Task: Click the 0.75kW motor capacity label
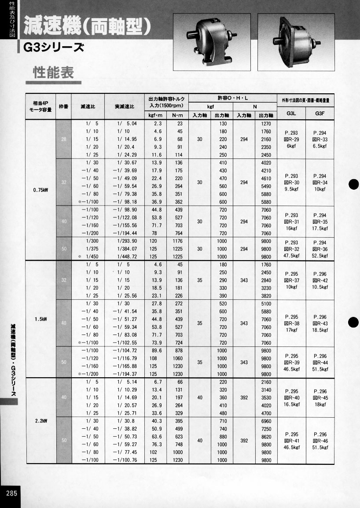(x=40, y=191)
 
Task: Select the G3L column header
(x=291, y=113)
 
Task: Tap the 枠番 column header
(x=63, y=107)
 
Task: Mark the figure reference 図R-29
(x=291, y=139)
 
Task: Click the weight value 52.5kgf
(x=320, y=256)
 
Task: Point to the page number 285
(x=11, y=493)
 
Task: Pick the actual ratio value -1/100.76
(x=125, y=460)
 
